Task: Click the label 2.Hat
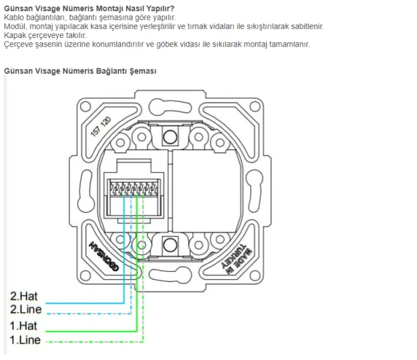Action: click(25, 297)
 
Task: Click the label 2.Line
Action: click(26, 309)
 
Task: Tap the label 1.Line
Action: click(25, 340)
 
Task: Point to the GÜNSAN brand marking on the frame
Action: click(103, 254)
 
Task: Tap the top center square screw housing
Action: click(167, 136)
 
